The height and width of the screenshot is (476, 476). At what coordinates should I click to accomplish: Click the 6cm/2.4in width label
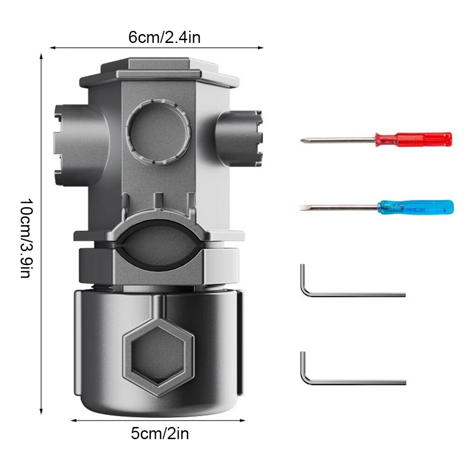(x=164, y=38)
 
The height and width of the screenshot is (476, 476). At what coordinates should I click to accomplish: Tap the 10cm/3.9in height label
(x=26, y=238)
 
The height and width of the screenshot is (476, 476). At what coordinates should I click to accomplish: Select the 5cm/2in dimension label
(x=160, y=434)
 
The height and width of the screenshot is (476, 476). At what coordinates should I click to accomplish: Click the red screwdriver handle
(x=413, y=140)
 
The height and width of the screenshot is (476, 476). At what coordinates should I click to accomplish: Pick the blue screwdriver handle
(x=415, y=207)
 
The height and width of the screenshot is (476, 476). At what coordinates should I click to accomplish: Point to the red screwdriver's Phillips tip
(x=302, y=140)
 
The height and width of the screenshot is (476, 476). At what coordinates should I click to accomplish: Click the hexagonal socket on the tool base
(x=158, y=357)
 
